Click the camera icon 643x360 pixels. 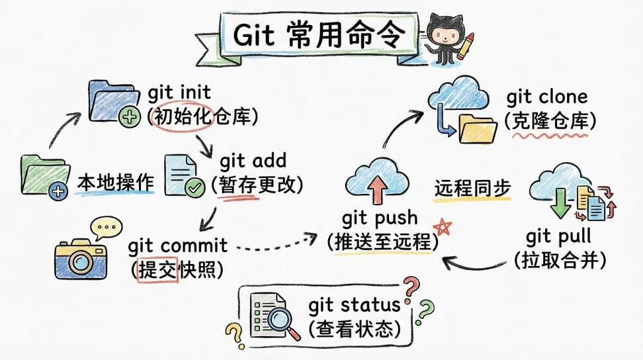coord(80,258)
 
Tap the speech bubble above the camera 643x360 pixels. coord(106,228)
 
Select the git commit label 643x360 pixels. coord(178,246)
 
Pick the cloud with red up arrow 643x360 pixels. coord(377,181)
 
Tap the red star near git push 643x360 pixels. coord(443,227)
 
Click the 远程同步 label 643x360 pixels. coord(472,188)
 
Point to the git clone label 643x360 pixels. coord(547,97)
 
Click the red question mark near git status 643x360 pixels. coord(411,289)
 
